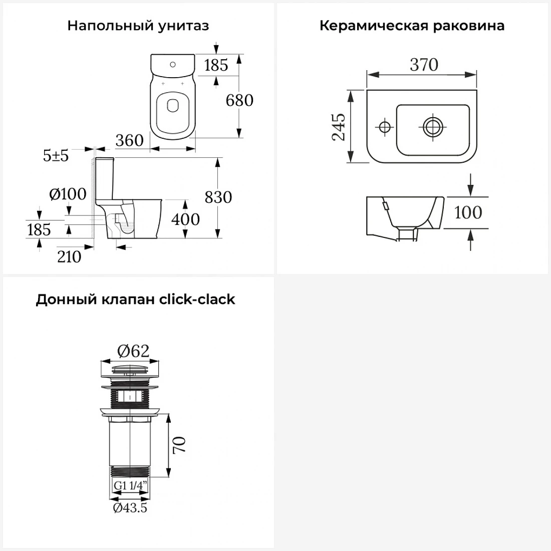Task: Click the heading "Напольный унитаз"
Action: (x=138, y=26)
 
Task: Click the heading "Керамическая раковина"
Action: (x=412, y=26)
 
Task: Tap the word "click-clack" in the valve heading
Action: (x=197, y=300)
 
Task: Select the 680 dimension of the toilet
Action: (x=239, y=100)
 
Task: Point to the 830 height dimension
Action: (x=218, y=197)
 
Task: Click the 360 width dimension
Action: (x=129, y=141)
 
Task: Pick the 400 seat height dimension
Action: (x=185, y=219)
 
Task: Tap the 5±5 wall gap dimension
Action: (x=56, y=155)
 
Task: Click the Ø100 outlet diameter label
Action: (x=68, y=194)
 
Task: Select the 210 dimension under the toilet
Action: (x=69, y=257)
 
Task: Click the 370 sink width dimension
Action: (x=424, y=65)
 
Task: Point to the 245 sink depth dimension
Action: (x=339, y=127)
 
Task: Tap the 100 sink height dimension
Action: (x=468, y=212)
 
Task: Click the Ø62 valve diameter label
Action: (x=133, y=351)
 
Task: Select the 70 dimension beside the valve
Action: (x=179, y=445)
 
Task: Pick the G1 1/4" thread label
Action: (x=130, y=486)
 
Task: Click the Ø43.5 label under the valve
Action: (x=130, y=508)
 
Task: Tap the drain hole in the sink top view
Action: (x=433, y=127)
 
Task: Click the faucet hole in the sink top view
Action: (x=384, y=127)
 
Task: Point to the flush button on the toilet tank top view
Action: (x=172, y=65)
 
